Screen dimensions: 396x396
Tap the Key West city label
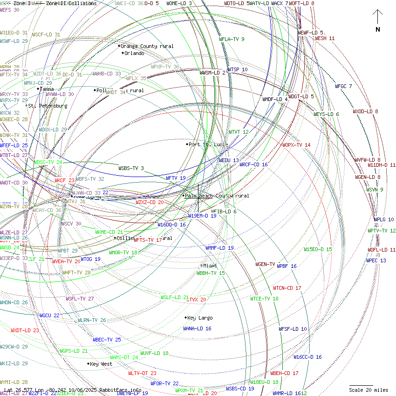tap(101, 364)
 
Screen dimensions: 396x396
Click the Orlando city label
tap(134, 53)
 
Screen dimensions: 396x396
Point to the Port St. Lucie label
tap(206, 144)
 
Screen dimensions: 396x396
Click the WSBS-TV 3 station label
tap(131, 168)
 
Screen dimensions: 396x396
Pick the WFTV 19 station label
tap(176, 178)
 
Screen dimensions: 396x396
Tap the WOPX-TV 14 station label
tap(296, 145)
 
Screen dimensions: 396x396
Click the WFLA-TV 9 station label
tap(232, 39)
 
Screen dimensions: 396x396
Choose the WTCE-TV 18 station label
tap(264, 299)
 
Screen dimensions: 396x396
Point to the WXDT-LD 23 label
tap(25, 330)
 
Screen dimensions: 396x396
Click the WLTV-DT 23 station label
tap(142, 373)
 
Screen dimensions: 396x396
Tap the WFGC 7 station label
tap(343, 86)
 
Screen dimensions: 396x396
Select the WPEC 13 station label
tap(376, 260)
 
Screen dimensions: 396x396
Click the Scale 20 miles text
tap(368, 390)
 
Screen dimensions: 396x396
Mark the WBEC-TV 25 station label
tap(107, 340)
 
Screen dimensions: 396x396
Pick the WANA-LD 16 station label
tap(197, 328)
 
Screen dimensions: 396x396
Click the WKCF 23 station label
tap(64, 180)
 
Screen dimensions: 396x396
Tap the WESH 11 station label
tap(325, 38)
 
